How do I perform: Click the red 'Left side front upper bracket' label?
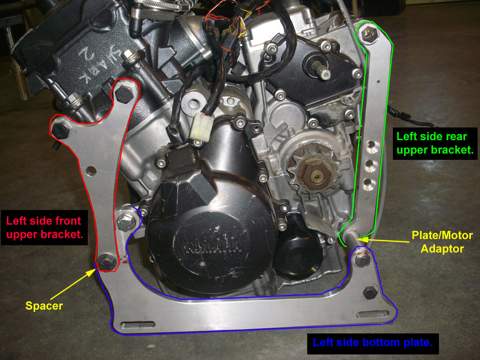coord(44,228)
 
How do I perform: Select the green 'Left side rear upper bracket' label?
coord(435,143)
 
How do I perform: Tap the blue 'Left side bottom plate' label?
coord(372,342)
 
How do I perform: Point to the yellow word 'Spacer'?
coord(44,306)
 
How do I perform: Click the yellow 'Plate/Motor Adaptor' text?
coord(442,242)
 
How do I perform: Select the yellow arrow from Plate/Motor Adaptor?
coord(385,240)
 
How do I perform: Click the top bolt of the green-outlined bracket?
coord(369,34)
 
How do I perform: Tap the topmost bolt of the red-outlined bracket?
coord(124,95)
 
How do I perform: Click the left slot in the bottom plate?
coord(138,325)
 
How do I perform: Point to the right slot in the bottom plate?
coord(373,314)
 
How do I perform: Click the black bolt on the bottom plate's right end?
coord(370,293)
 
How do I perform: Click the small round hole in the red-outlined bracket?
coord(91,171)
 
